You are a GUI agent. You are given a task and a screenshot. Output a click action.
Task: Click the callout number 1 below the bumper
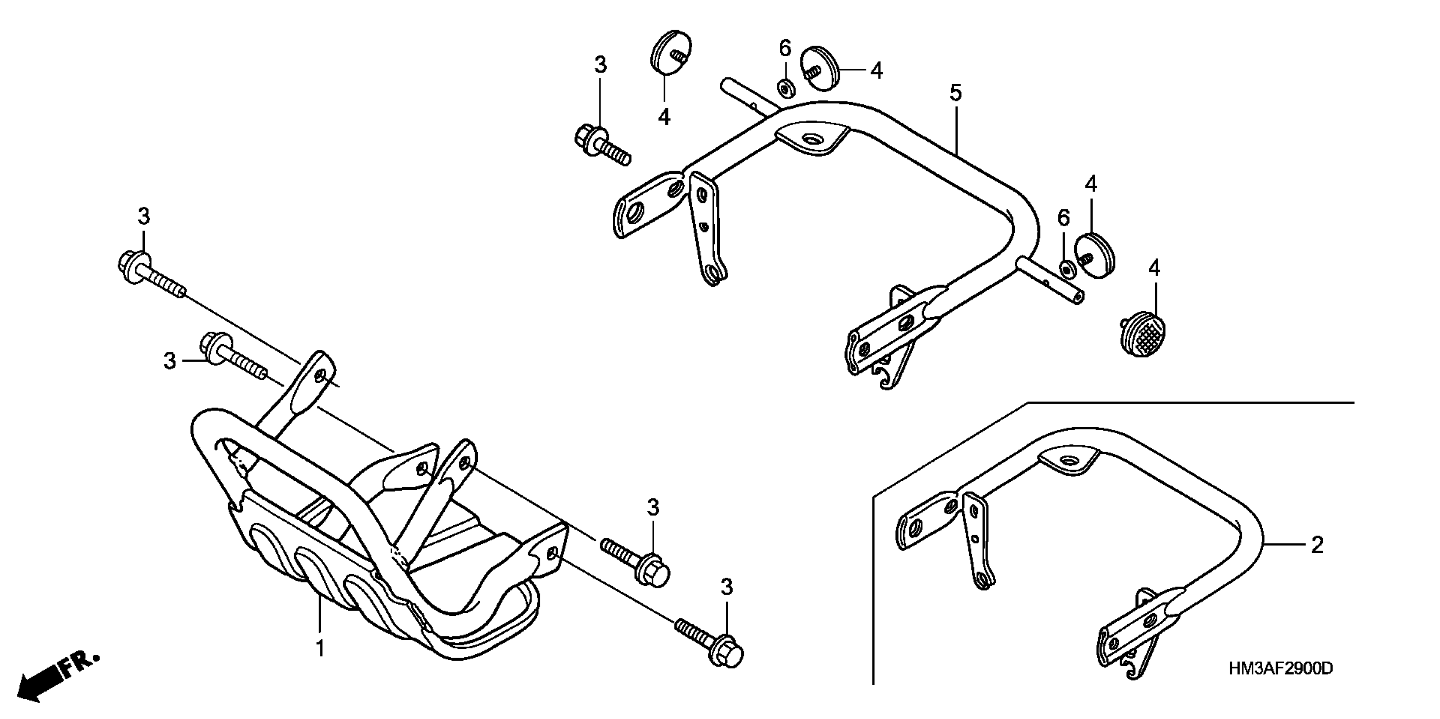pyautogui.click(x=320, y=649)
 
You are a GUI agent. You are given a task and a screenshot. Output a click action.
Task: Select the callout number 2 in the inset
pyautogui.click(x=1317, y=545)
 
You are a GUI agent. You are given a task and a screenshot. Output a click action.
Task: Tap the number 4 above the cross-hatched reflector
pyautogui.click(x=1154, y=269)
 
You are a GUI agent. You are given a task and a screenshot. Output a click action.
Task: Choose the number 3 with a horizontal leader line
pyautogui.click(x=170, y=361)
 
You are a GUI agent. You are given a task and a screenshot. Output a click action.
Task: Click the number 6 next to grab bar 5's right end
pyautogui.click(x=1063, y=218)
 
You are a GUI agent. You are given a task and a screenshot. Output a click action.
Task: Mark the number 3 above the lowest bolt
pyautogui.click(x=726, y=587)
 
